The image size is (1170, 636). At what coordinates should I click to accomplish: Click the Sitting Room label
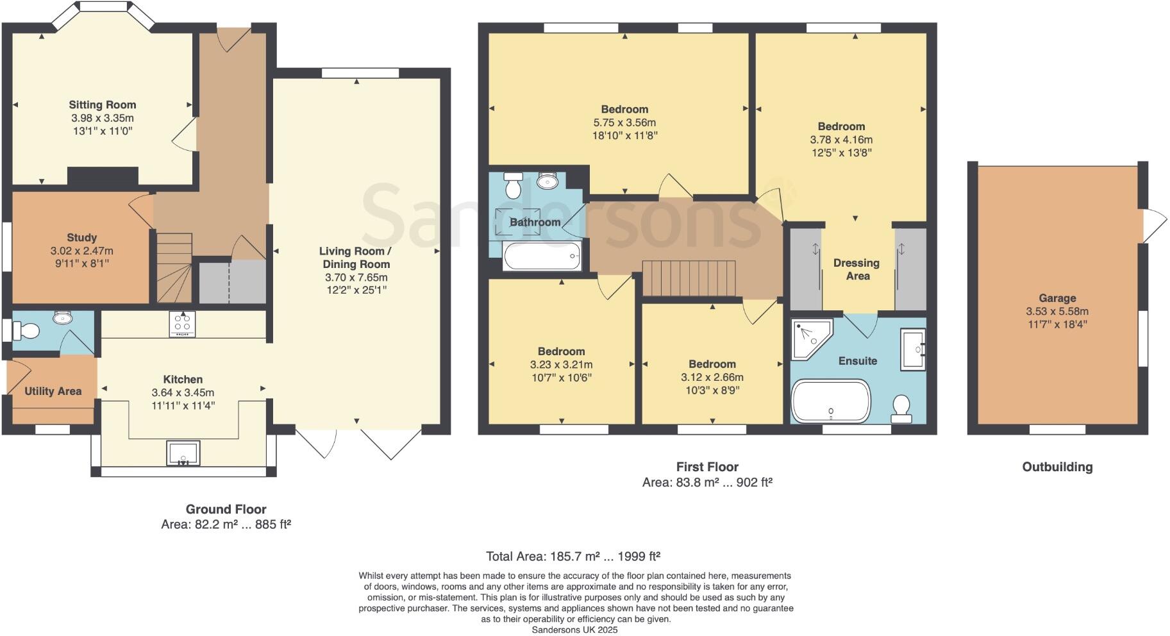(103, 105)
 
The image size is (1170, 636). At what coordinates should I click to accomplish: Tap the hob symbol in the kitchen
(183, 324)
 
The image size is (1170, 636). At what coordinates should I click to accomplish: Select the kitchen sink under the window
(183, 453)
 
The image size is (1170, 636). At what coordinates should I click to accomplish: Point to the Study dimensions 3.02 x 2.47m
(82, 251)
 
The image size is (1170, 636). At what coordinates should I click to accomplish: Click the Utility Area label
(53, 391)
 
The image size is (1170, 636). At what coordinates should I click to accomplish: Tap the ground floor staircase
(174, 267)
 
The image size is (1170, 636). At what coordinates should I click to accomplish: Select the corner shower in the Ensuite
(809, 338)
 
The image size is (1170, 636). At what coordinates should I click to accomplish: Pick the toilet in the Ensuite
(902, 408)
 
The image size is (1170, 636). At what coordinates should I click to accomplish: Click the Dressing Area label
(857, 269)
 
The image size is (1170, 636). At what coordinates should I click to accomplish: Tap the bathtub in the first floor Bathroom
(542, 256)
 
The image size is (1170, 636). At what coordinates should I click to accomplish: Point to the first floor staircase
(689, 278)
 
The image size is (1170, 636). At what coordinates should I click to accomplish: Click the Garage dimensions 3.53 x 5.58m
(1057, 312)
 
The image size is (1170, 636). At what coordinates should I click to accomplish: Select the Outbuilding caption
(1057, 467)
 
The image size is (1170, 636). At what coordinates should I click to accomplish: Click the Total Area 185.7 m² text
(572, 556)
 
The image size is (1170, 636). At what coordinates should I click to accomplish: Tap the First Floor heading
(707, 467)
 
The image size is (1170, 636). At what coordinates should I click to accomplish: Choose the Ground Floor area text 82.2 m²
(226, 524)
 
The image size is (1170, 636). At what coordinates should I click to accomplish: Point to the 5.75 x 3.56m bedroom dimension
(624, 122)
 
